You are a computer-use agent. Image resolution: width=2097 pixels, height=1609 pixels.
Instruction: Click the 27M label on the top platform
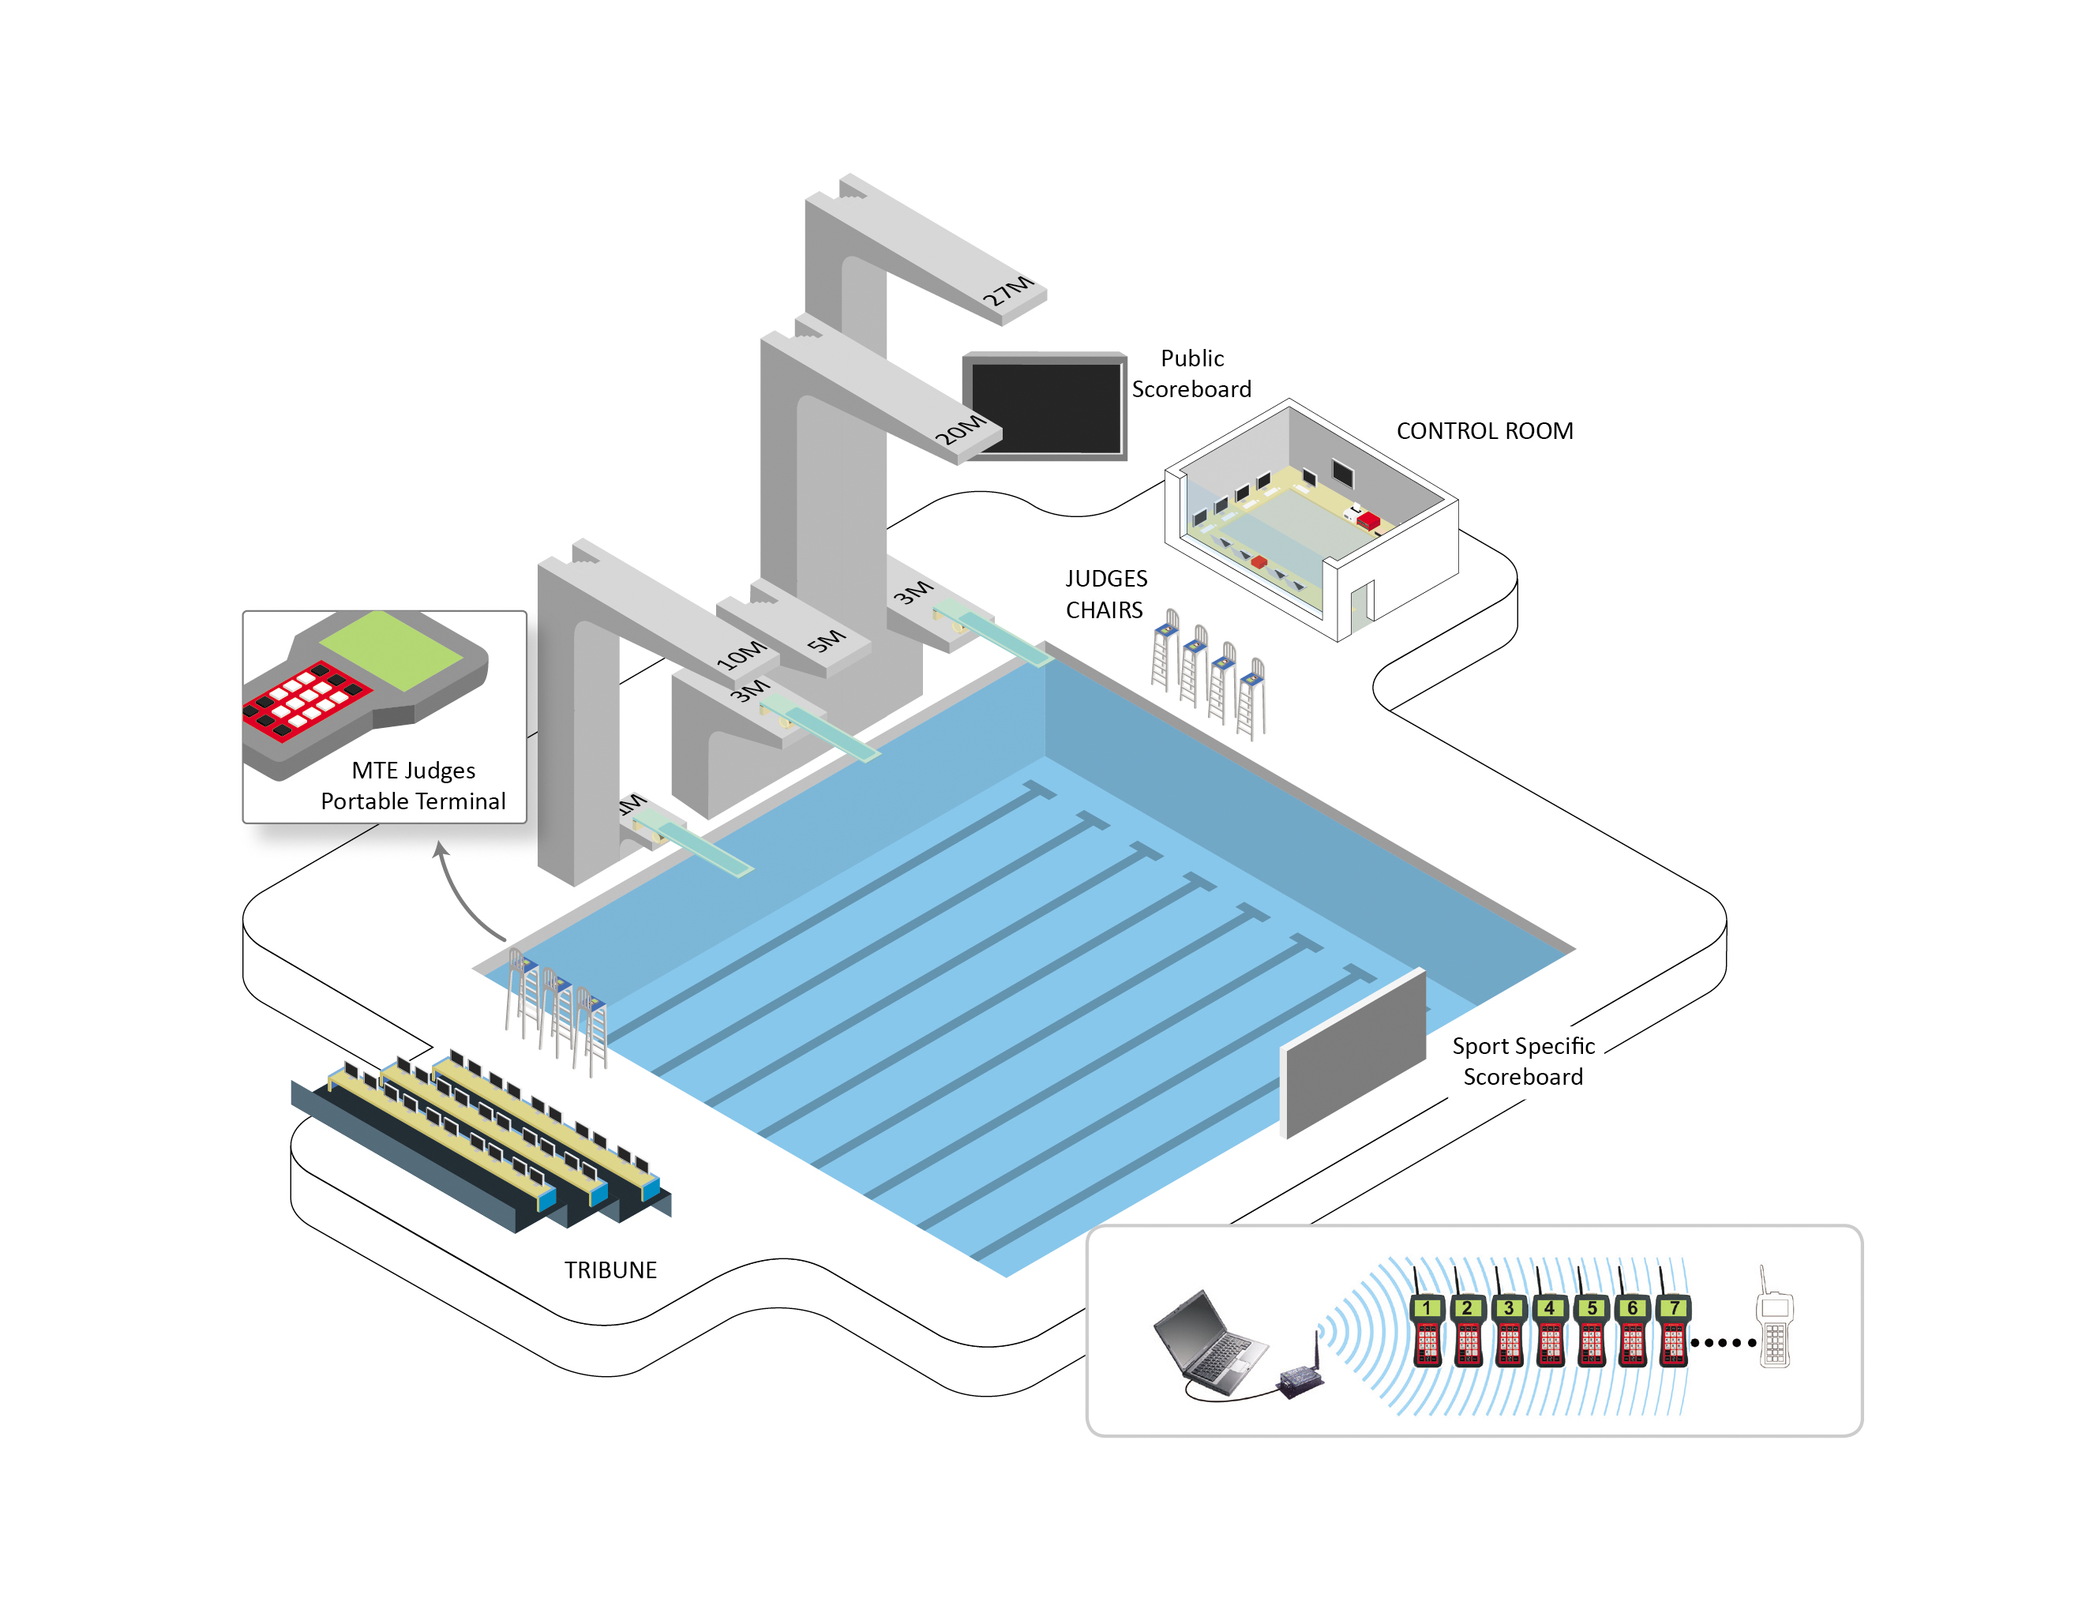pos(1007,291)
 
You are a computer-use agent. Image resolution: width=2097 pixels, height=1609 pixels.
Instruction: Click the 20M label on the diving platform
pos(959,429)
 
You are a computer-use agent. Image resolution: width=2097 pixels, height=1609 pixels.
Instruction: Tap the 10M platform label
pos(741,654)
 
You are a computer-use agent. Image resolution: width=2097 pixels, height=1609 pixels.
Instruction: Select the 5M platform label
pos(825,639)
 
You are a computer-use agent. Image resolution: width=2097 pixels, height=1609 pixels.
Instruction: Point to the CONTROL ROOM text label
pos(1484,431)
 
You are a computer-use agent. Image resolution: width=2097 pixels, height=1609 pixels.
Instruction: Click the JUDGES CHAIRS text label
pos(1106,594)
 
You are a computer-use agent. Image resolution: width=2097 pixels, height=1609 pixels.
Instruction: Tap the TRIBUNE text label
pos(610,1270)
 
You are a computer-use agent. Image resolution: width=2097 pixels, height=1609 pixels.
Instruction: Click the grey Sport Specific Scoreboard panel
pos(1353,1053)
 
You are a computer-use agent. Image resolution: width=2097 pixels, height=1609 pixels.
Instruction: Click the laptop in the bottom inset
pos(1210,1343)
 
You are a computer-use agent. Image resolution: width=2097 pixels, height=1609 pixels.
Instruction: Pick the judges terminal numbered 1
pos(1427,1330)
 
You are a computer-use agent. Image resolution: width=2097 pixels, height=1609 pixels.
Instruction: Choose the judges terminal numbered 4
pos(1550,1330)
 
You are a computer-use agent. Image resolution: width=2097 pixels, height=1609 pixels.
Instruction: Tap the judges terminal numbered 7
pos(1674,1330)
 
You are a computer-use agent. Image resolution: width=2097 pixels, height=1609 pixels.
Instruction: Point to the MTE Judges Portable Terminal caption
pos(413,786)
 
